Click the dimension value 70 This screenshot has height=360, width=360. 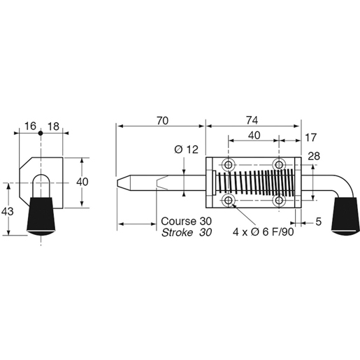(161, 121)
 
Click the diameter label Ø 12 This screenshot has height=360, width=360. (186, 149)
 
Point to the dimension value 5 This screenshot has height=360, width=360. (318, 222)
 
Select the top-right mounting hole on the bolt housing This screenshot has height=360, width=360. (280, 164)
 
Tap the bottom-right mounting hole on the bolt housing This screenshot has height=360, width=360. (280, 201)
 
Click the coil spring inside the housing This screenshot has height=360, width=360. (255, 183)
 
